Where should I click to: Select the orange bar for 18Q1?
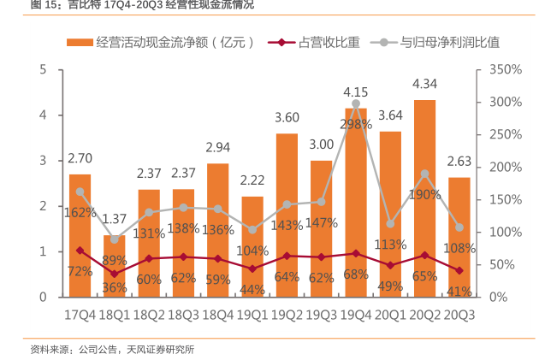click(x=114, y=266)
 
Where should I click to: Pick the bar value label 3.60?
click(x=287, y=118)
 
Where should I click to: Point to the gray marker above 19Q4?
click(x=356, y=103)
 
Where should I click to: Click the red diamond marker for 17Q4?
click(x=80, y=251)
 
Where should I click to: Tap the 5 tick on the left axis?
click(x=43, y=69)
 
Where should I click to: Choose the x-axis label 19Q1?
click(x=252, y=315)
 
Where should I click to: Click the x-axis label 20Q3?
click(x=459, y=315)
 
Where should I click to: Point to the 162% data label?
click(x=80, y=212)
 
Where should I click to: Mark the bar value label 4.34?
click(x=425, y=84)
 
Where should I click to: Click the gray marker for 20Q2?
click(x=425, y=174)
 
